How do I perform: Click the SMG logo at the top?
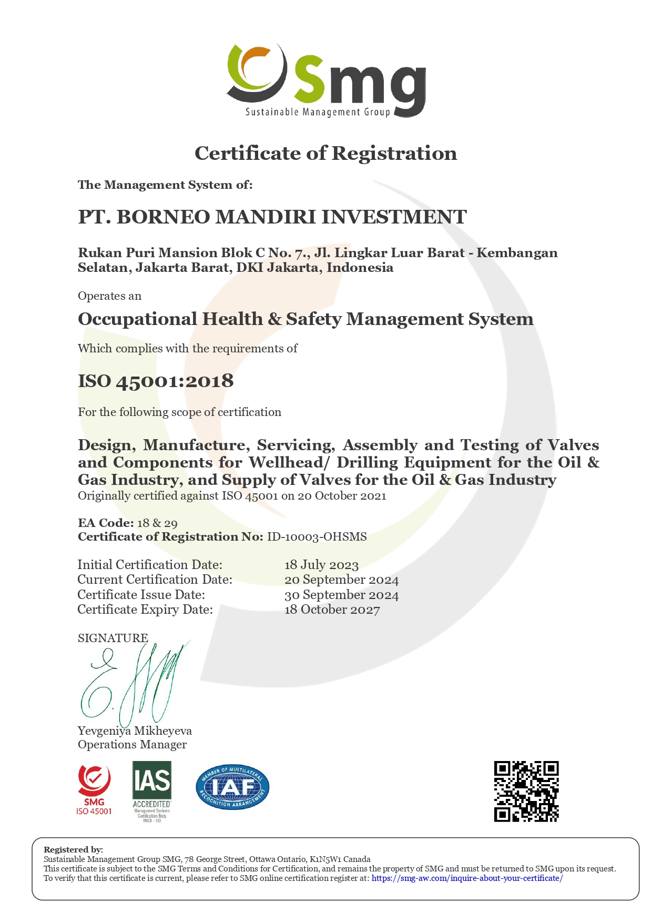tap(326, 80)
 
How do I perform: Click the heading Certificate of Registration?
tap(326, 154)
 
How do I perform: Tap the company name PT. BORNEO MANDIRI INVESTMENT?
tap(272, 217)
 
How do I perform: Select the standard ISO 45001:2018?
tap(156, 381)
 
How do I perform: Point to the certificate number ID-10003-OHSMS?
tap(317, 537)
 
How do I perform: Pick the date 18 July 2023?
tap(321, 565)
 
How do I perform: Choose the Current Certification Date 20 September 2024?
tap(341, 580)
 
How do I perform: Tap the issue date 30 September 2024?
tap(341, 595)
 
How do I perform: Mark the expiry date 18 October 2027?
tap(332, 610)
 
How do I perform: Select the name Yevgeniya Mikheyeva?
tap(135, 731)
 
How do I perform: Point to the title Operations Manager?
tap(132, 745)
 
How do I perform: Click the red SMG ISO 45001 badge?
tap(94, 789)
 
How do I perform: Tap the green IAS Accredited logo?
tap(152, 790)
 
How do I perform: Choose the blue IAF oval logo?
tap(232, 787)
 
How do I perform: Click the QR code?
tap(526, 791)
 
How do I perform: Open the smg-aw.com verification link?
tap(467, 878)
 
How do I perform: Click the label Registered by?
tap(73, 850)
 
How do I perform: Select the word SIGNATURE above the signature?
tap(113, 638)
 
